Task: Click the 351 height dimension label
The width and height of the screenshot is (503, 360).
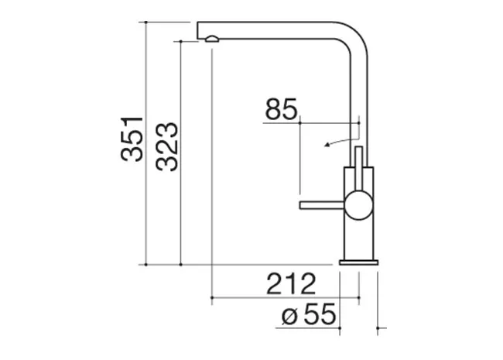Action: (x=132, y=139)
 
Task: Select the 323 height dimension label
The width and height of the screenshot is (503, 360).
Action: (x=167, y=146)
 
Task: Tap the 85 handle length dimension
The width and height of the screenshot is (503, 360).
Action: (x=282, y=109)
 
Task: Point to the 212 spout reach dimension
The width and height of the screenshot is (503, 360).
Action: (x=291, y=284)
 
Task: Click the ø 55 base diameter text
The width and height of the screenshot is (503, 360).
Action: (x=309, y=314)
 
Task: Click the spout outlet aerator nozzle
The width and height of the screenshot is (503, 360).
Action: (x=212, y=39)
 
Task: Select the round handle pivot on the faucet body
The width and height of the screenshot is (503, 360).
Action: (x=359, y=205)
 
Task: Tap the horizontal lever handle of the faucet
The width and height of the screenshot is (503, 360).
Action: (x=322, y=205)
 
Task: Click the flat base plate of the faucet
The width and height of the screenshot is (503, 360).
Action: (x=359, y=262)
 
